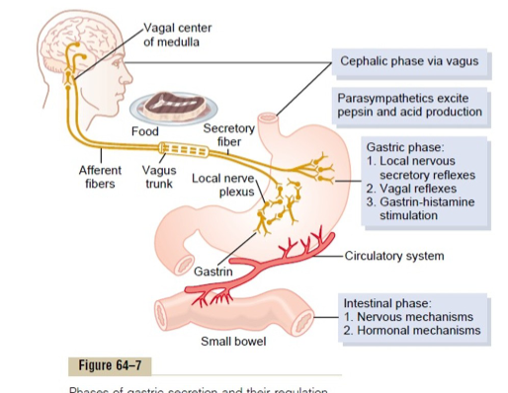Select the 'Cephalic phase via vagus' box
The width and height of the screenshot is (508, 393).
(408, 61)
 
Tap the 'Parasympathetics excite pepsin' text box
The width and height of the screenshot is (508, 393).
(409, 106)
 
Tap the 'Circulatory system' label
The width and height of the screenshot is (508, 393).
(394, 256)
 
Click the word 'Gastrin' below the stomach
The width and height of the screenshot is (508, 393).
(212, 271)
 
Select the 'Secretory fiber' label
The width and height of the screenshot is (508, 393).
(228, 134)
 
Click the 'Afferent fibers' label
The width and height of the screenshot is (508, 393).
(100, 177)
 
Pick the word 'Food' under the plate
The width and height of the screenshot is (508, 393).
(144, 131)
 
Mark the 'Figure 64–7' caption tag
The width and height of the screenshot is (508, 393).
(111, 366)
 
